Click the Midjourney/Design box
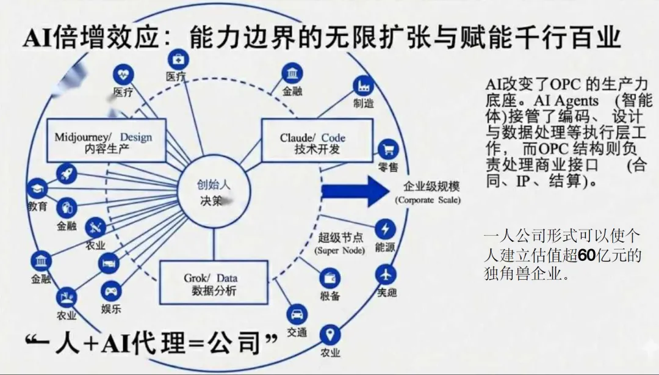click(x=107, y=140)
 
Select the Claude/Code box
click(x=316, y=141)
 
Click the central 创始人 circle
click(x=214, y=192)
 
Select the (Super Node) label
click(x=340, y=250)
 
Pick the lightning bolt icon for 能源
click(x=385, y=230)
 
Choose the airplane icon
click(x=386, y=272)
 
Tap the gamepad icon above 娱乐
click(x=110, y=289)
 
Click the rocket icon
click(x=65, y=173)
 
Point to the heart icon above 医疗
click(x=123, y=75)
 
